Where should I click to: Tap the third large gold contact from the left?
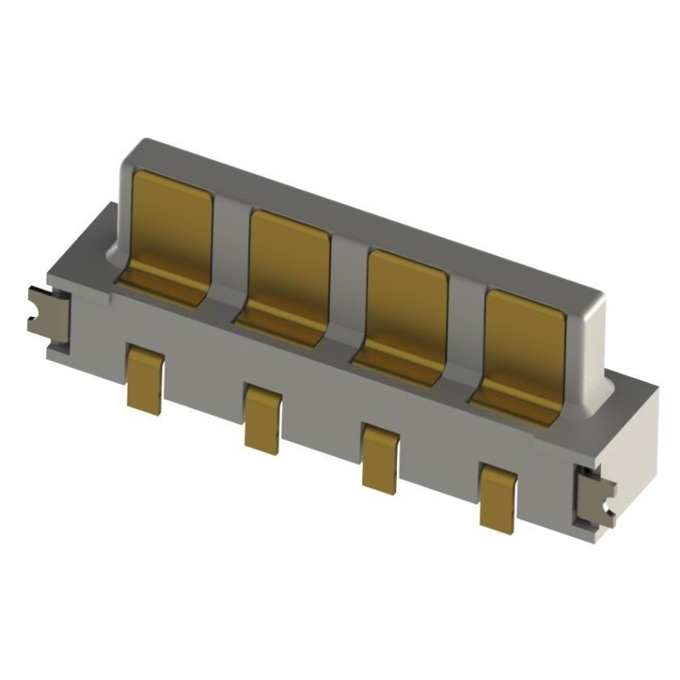coord(406,301)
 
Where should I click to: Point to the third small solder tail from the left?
coord(379,456)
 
